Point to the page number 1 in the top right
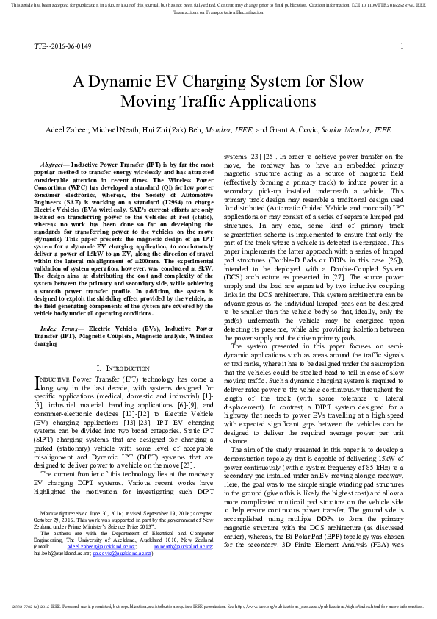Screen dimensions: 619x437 click(x=402, y=46)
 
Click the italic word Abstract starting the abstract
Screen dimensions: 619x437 click(x=52, y=157)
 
